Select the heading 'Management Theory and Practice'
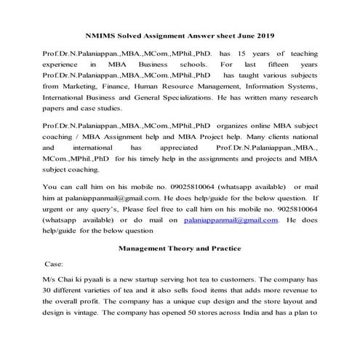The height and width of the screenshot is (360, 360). click(179, 249)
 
